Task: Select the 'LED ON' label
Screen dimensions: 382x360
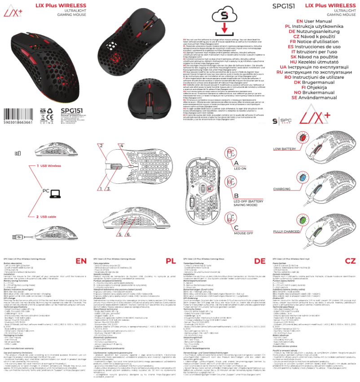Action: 240,169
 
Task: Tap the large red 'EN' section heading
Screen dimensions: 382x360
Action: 81,261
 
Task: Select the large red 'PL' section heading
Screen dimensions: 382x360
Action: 170,261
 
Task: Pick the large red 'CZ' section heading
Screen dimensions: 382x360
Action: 350,261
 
